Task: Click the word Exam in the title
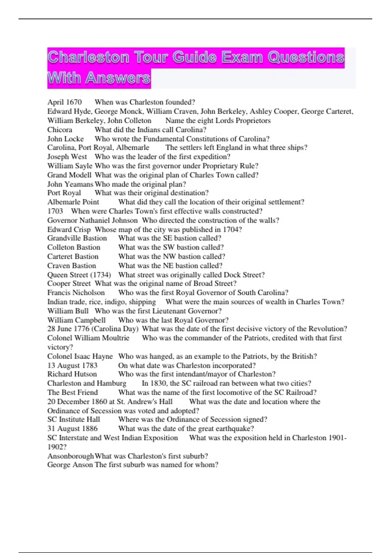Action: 242,57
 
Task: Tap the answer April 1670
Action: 65,102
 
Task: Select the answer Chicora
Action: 60,129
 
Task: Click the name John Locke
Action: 65,139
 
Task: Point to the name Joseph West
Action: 67,156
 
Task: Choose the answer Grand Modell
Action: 69,175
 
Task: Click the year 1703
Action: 55,211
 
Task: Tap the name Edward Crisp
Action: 69,229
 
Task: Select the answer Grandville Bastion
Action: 77,238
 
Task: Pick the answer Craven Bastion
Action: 72,265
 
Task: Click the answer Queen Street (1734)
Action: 79,275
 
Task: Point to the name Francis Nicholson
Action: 76,292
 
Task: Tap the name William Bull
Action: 68,311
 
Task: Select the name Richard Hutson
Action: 72,374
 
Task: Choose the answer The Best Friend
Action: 72,392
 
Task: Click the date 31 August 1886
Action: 72,428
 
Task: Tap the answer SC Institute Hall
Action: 74,419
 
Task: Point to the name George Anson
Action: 70,465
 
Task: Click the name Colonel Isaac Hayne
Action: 80,356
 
